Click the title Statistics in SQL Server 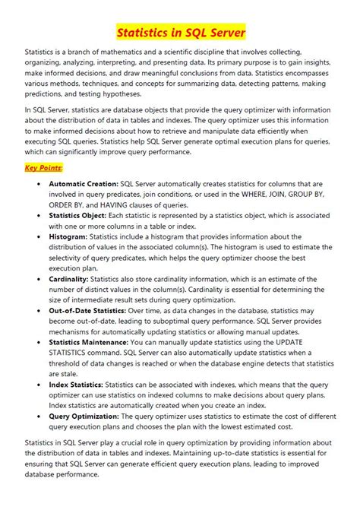(180, 33)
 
